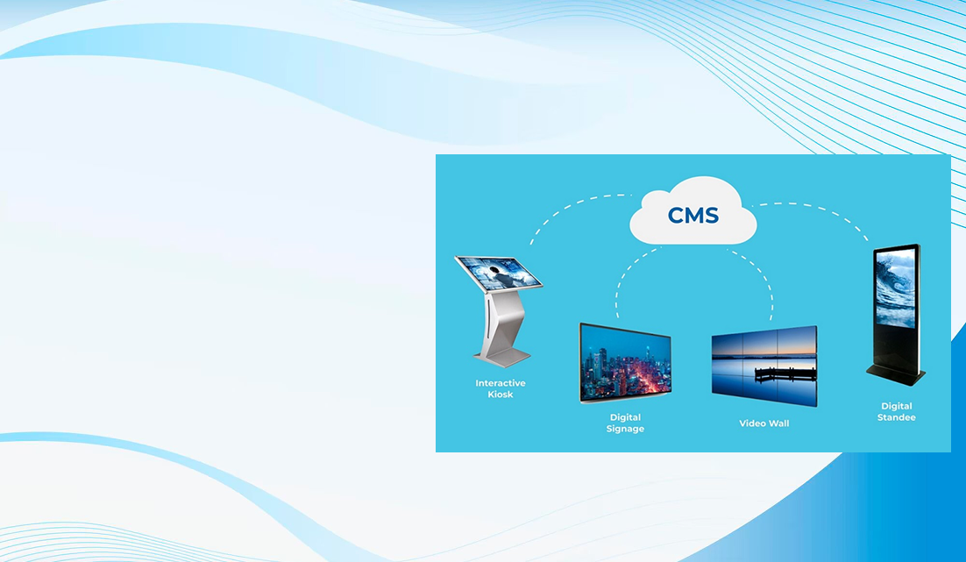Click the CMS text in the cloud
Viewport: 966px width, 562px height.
click(x=693, y=216)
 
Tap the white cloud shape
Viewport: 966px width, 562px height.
click(x=693, y=210)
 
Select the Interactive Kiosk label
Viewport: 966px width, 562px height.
click(x=501, y=388)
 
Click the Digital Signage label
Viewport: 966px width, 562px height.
click(x=625, y=423)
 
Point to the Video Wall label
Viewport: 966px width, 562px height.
click(x=764, y=423)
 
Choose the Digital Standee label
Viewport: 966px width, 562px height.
click(x=897, y=412)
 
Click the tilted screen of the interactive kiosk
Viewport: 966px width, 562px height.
click(x=499, y=273)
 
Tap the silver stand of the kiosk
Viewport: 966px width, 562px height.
click(x=500, y=328)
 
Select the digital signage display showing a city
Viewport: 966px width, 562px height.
click(x=625, y=363)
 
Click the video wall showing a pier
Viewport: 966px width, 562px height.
click(x=764, y=366)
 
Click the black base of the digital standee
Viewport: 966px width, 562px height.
click(x=896, y=373)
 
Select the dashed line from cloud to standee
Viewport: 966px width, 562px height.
click(x=820, y=209)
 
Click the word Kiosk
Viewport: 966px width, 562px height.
click(x=501, y=395)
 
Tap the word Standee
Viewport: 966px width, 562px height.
click(x=897, y=417)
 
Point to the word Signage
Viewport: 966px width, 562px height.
click(x=625, y=429)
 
